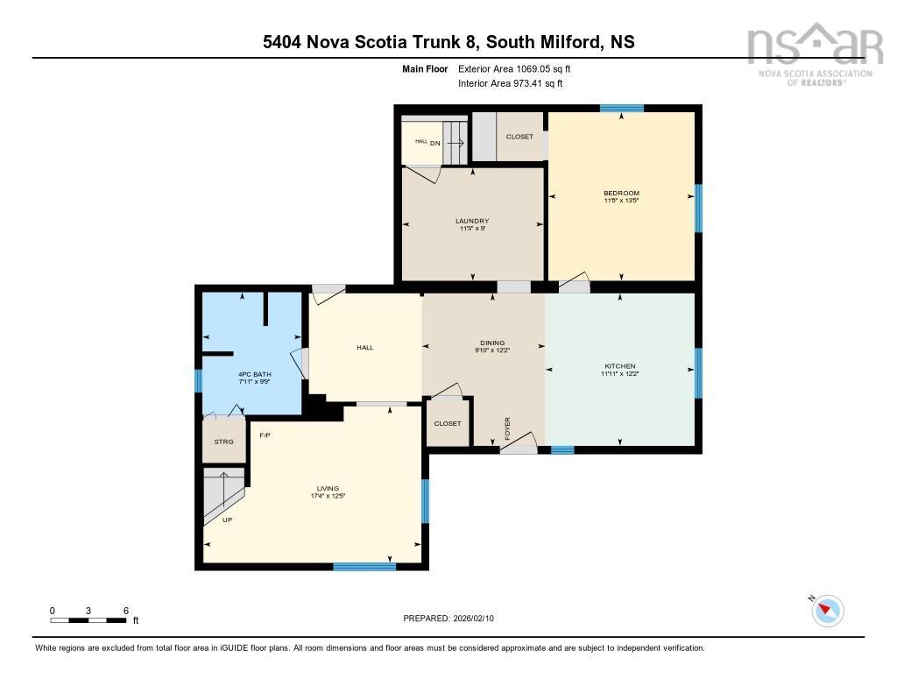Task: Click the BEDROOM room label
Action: coord(621,193)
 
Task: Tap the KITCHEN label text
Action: coord(619,366)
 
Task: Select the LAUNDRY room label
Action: coord(472,221)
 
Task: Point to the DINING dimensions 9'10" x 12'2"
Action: coord(492,350)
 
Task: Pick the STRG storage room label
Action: coord(224,442)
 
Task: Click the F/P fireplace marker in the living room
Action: coord(265,435)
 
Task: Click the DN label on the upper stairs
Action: coord(434,142)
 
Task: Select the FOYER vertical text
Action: coord(507,428)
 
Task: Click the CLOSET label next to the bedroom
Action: coord(519,137)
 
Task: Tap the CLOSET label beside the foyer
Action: coord(448,423)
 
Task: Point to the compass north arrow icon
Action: coord(827,611)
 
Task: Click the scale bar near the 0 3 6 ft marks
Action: coord(88,620)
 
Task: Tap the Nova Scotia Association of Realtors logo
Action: coord(809,53)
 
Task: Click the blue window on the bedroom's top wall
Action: coord(622,108)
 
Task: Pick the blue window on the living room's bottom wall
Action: coord(364,566)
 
